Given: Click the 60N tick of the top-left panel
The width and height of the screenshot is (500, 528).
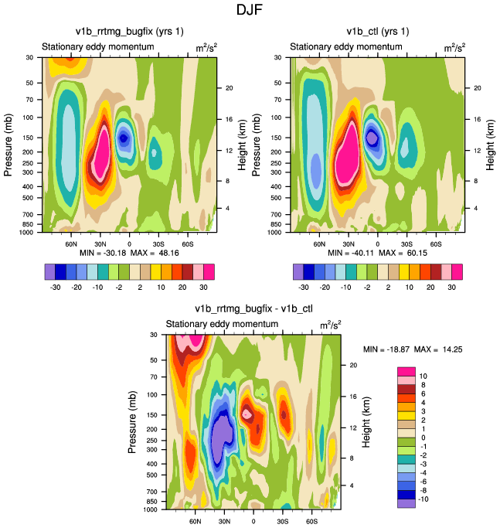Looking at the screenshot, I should (70, 243).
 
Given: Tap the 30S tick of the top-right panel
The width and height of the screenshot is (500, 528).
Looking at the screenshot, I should (405, 243).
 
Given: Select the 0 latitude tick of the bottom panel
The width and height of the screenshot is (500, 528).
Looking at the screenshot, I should (253, 521).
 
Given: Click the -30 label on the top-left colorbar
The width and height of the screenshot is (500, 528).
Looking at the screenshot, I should (56, 285).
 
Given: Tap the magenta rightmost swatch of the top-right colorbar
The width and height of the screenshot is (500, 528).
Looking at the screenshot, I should (457, 271).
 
